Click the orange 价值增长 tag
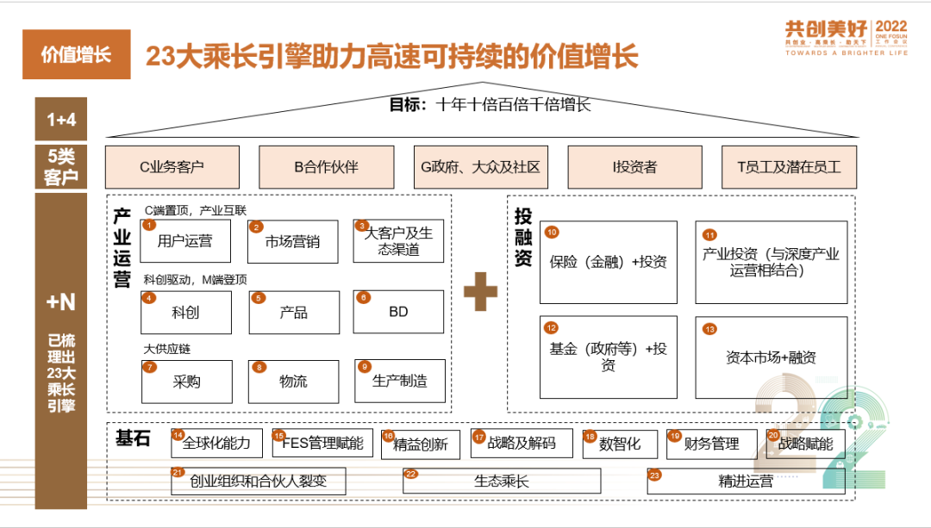point(77,54)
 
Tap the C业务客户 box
point(172,167)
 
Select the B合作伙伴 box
point(326,167)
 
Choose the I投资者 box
point(634,167)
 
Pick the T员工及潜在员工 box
point(789,167)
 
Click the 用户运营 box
point(186,241)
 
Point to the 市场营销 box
point(294,241)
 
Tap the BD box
point(398,312)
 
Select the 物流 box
point(294,382)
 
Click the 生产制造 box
point(400,382)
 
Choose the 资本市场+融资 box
point(771,357)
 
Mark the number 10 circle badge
point(552,232)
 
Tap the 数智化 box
point(620,444)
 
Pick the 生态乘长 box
point(501,481)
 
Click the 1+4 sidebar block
point(61,120)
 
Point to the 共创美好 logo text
point(815,28)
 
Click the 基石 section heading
point(133,438)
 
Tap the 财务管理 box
point(711,444)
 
